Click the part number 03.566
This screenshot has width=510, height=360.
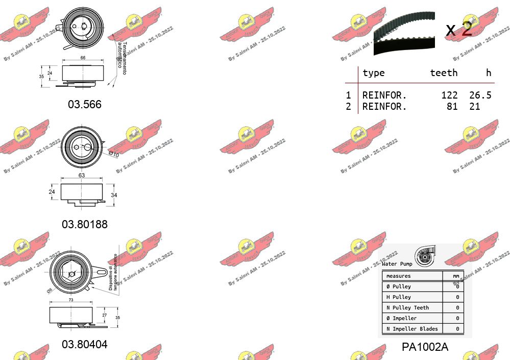click(85, 105)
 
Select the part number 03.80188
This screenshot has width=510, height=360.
click(85, 224)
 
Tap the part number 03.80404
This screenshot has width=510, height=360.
click(85, 344)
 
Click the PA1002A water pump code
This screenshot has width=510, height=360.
click(425, 347)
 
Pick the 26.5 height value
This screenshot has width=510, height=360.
click(480, 95)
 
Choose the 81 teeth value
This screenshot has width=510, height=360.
click(452, 107)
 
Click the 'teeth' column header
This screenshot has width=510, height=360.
click(444, 73)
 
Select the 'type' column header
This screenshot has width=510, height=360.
click(373, 73)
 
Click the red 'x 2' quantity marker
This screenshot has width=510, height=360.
click(459, 30)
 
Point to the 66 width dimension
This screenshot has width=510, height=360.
click(83, 58)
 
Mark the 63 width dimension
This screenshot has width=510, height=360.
click(82, 176)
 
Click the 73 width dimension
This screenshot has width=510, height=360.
click(71, 300)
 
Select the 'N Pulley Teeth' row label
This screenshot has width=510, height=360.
click(407, 307)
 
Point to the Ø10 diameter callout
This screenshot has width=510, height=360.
click(113, 154)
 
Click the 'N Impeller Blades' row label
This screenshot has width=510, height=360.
click(412, 329)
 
